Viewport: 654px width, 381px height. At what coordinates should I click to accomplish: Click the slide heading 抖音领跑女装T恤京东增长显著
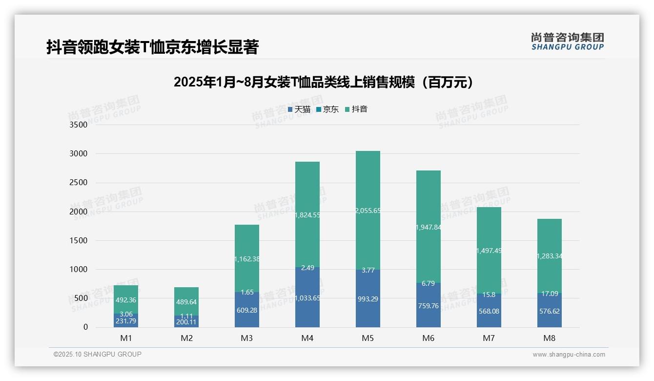152,47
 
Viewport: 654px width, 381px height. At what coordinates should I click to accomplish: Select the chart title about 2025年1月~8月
323,82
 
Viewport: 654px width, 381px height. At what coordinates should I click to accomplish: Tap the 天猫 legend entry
299,109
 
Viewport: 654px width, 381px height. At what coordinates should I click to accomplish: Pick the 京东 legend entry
328,109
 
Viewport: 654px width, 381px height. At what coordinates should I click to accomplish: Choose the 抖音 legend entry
356,109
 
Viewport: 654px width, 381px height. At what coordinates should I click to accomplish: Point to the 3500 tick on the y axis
79,125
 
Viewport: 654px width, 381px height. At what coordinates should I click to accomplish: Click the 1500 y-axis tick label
79,241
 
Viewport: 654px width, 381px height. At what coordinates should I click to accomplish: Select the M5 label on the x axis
368,338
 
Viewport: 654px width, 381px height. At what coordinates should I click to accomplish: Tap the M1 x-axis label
126,338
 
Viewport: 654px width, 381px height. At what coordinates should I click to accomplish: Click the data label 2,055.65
368,211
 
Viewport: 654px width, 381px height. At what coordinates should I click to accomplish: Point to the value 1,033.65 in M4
307,298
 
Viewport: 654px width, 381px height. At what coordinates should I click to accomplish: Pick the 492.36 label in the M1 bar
126,300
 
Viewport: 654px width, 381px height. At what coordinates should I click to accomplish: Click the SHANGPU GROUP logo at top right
567,42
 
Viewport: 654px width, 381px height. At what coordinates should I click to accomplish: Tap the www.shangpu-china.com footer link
569,355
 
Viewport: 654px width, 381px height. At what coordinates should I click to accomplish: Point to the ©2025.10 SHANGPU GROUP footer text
98,354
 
